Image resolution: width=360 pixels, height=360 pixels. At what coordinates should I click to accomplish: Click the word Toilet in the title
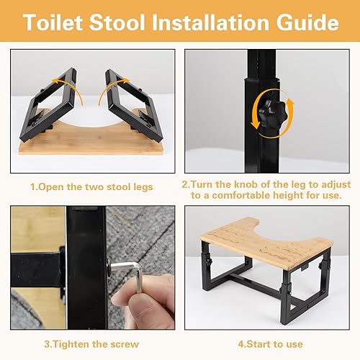click(x=53, y=22)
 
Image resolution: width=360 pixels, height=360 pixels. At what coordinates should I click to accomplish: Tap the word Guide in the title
click(x=307, y=22)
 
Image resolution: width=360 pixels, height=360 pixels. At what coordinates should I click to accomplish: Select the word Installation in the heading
click(x=210, y=22)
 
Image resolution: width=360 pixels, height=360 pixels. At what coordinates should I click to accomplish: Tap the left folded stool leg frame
click(x=48, y=106)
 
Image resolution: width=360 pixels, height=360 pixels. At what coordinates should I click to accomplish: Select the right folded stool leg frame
click(x=135, y=106)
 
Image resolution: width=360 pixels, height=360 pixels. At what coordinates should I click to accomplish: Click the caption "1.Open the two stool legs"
click(x=91, y=187)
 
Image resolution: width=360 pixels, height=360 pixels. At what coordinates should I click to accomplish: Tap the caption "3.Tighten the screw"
click(x=91, y=344)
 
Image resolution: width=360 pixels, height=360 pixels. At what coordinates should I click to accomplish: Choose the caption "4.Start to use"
click(x=270, y=344)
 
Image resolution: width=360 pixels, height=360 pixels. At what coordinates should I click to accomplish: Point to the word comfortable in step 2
click(x=241, y=196)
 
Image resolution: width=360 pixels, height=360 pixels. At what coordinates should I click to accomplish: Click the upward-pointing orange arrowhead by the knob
click(x=290, y=102)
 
